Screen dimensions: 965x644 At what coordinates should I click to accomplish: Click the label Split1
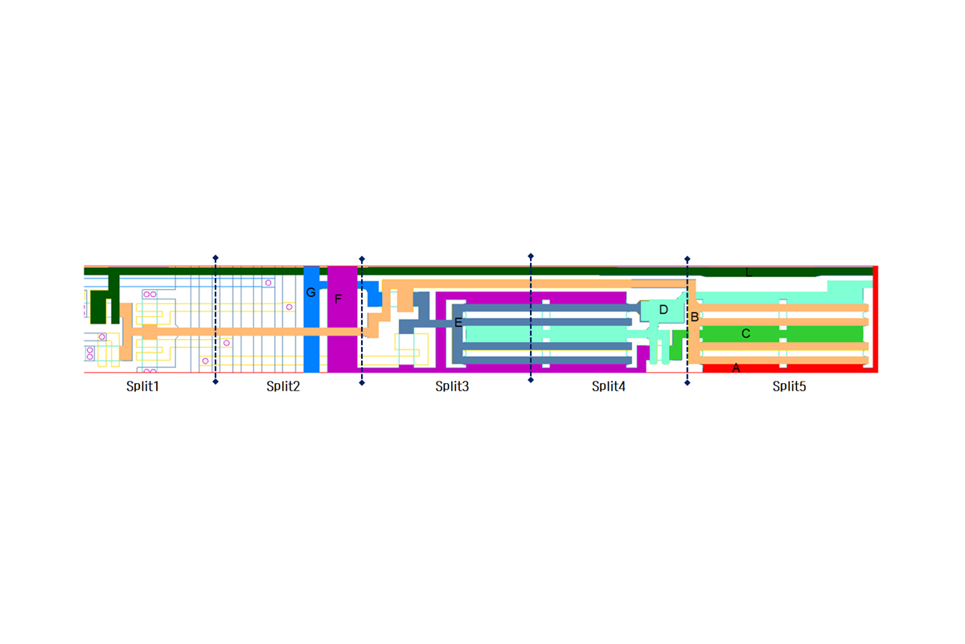pos(142,386)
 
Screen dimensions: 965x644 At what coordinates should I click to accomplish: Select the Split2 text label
pos(283,386)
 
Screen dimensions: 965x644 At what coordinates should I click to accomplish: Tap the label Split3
pos(452,386)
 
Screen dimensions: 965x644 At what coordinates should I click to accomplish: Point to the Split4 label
pos(608,386)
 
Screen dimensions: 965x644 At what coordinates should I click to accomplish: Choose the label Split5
pos(789,386)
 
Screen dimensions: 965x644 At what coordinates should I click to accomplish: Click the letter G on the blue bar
pos(310,292)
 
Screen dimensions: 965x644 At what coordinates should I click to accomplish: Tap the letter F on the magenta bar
pos(339,299)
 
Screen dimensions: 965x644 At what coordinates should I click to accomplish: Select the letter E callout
pos(458,323)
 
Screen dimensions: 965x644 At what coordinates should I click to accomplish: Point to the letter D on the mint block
pos(663,310)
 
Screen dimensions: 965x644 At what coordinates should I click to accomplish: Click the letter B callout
pos(695,317)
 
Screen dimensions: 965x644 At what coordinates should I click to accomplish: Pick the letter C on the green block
pos(745,333)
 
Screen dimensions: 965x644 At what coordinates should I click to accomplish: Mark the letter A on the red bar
pos(736,368)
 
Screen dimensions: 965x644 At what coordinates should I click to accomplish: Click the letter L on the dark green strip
pos(749,272)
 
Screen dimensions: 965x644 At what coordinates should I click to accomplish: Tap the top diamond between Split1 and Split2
pos(216,258)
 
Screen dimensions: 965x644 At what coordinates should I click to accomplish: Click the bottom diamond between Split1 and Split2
pos(216,382)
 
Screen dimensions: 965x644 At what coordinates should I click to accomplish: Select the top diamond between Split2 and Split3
pos(362,259)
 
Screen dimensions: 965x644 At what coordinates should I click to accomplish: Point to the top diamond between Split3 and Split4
pos(531,256)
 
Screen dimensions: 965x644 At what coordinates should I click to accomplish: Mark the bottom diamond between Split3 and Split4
pos(531,380)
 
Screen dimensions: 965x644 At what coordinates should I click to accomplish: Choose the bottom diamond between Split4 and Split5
pos(687,383)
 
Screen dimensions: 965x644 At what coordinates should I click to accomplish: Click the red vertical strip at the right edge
pos(876,320)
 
